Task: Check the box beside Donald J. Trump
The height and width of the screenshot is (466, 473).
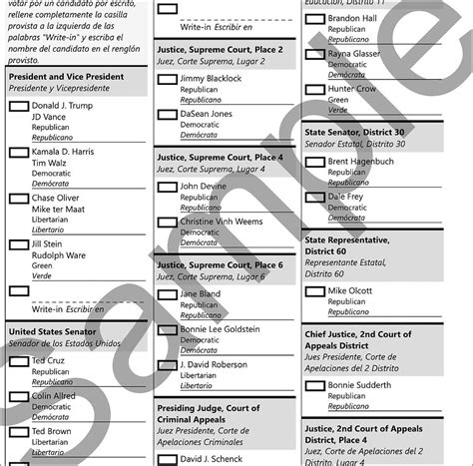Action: point(18,106)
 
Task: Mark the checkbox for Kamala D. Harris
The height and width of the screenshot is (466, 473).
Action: point(18,153)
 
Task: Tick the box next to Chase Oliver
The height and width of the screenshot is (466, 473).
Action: point(18,199)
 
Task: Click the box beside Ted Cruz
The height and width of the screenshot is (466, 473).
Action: point(18,361)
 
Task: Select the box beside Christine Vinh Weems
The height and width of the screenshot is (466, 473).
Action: point(167,222)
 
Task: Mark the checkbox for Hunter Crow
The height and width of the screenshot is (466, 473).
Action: point(314,90)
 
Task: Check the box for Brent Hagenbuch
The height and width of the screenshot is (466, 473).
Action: point(314,162)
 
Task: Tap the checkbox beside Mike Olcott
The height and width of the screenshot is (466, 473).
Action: point(314,291)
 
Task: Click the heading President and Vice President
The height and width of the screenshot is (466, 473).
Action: point(64,76)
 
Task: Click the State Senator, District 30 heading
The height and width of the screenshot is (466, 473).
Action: point(354,132)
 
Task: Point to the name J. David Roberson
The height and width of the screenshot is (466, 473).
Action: point(213,364)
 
